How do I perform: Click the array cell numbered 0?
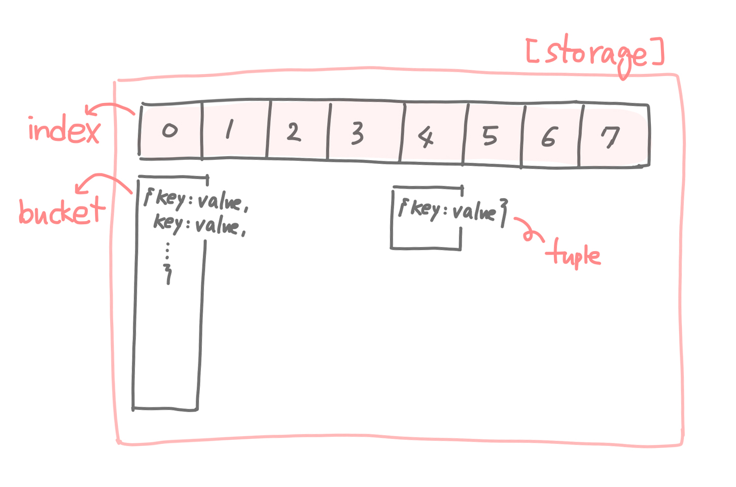170,131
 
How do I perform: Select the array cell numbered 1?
235,131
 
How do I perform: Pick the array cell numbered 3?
364,133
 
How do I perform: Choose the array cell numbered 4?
432,135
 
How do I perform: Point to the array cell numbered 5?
492,136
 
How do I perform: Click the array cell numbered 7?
613,137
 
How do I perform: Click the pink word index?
64,130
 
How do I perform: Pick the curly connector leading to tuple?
529,229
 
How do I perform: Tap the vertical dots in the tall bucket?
167,251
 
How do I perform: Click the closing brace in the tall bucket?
168,274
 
